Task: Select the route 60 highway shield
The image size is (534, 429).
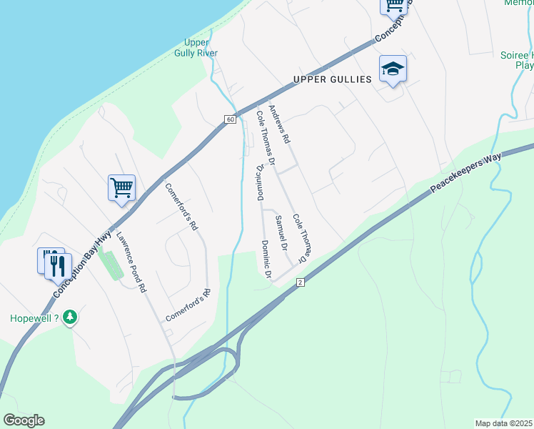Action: tap(229, 119)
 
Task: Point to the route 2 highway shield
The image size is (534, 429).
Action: tap(301, 284)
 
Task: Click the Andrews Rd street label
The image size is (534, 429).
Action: tap(278, 125)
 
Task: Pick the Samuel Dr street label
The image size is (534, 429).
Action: tap(281, 232)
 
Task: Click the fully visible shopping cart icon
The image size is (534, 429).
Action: tap(121, 188)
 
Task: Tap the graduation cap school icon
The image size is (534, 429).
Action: tap(393, 69)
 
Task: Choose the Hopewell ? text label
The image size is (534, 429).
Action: tap(34, 318)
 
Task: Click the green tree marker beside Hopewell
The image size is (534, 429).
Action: tap(69, 317)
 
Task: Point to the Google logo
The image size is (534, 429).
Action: tap(24, 420)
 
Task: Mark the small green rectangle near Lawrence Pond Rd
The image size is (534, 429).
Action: tap(111, 265)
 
